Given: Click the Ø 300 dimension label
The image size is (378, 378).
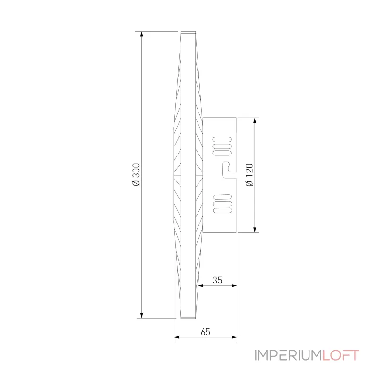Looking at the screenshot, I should [x=136, y=175].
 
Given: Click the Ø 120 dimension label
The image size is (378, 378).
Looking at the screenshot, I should [x=249, y=175].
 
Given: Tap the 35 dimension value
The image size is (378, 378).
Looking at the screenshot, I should [x=217, y=280].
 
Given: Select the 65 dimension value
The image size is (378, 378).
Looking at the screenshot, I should [x=205, y=332].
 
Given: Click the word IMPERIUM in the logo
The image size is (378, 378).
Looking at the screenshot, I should [x=288, y=355].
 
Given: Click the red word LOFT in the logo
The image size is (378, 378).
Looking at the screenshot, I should [x=341, y=355].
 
